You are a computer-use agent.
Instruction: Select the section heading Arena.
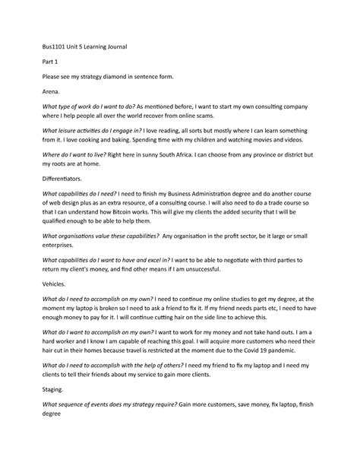point(53,90)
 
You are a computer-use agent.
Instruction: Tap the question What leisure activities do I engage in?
point(93,130)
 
